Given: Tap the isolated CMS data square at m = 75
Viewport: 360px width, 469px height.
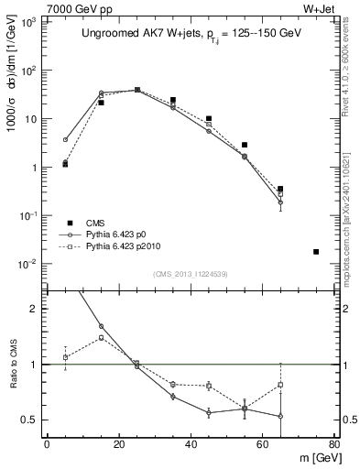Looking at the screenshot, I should tap(316, 251).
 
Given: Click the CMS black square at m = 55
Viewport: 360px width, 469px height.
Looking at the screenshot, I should tap(245, 145).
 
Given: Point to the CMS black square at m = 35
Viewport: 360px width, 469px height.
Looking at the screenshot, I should tap(172, 100).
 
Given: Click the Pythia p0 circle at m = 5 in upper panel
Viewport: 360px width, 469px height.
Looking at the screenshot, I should tap(65, 140).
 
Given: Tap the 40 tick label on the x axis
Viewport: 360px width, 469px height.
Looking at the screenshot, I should tap(190, 444).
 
